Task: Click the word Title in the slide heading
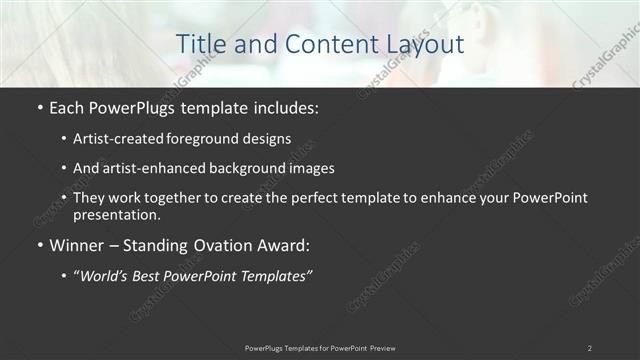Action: click(x=200, y=44)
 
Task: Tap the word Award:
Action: click(x=285, y=245)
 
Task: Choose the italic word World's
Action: click(x=105, y=275)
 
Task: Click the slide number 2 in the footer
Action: click(x=590, y=348)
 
